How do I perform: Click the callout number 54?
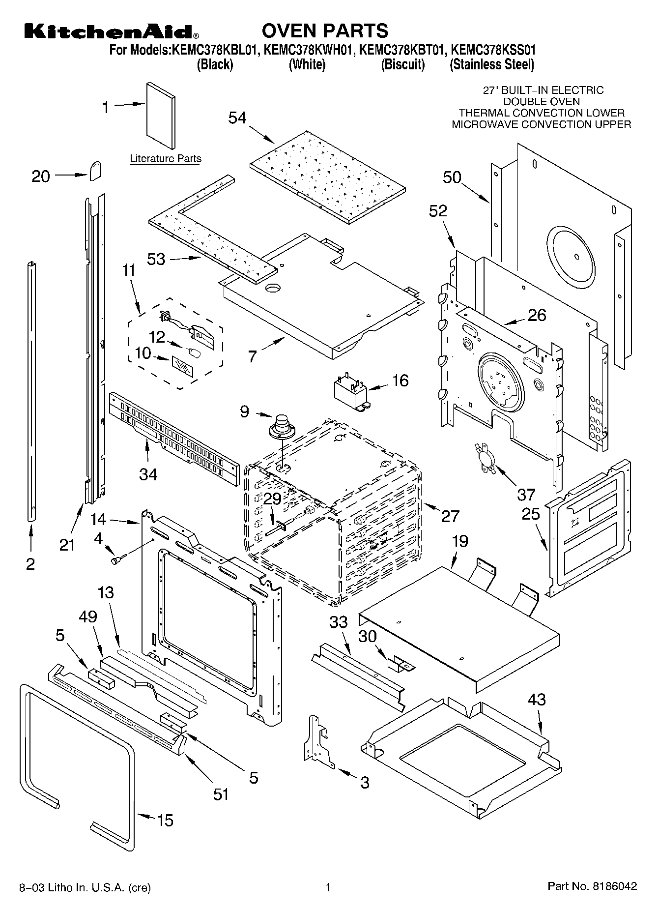(237, 118)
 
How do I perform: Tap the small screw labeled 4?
(118, 559)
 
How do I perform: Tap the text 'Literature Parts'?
(166, 159)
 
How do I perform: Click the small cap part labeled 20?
(96, 171)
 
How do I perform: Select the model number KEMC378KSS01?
(493, 50)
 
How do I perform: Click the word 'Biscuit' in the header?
(402, 64)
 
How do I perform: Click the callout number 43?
(536, 700)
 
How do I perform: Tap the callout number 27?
(450, 516)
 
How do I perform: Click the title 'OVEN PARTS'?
(325, 31)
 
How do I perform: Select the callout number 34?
(148, 474)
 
